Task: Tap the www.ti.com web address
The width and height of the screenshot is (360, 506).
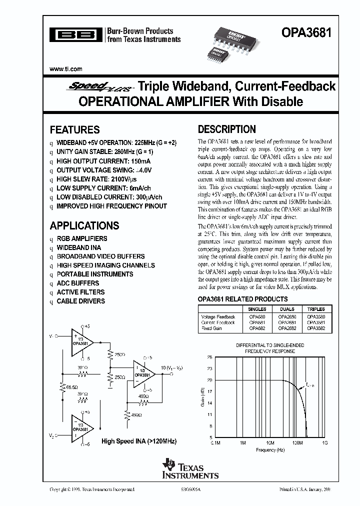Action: [x=66, y=69]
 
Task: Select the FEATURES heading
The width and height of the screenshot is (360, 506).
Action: [x=74, y=129]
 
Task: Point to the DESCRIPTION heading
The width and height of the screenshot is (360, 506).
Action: [x=226, y=129]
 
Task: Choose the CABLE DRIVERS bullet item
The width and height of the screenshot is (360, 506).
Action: [x=80, y=301]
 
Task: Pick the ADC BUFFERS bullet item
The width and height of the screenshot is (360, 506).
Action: [x=77, y=283]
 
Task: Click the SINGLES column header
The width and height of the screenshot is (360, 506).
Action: [x=258, y=309]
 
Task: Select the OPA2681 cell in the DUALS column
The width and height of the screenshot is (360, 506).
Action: [x=286, y=322]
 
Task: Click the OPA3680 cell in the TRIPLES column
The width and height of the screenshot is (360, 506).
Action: [x=315, y=317]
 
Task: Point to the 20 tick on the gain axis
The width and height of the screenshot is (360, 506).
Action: [x=209, y=380]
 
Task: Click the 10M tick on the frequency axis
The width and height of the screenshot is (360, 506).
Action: [x=269, y=443]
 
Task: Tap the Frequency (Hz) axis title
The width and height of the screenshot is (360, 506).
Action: [x=270, y=450]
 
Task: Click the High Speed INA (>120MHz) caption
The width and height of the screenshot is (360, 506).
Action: [x=139, y=441]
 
